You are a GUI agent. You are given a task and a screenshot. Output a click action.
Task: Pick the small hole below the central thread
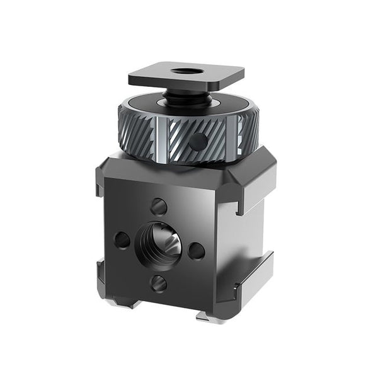click(x=159, y=283)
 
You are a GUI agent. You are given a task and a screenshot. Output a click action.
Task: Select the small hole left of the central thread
click(x=122, y=239)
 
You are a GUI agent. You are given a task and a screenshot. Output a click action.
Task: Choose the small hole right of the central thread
click(x=197, y=250)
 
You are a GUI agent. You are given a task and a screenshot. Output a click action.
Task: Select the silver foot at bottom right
click(x=211, y=316)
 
